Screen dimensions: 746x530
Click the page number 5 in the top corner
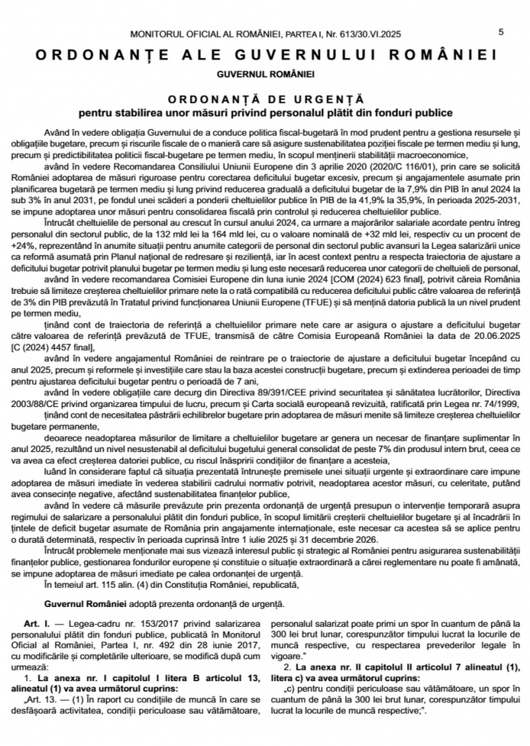click(x=501, y=32)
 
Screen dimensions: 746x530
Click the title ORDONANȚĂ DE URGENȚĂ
click(x=265, y=97)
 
